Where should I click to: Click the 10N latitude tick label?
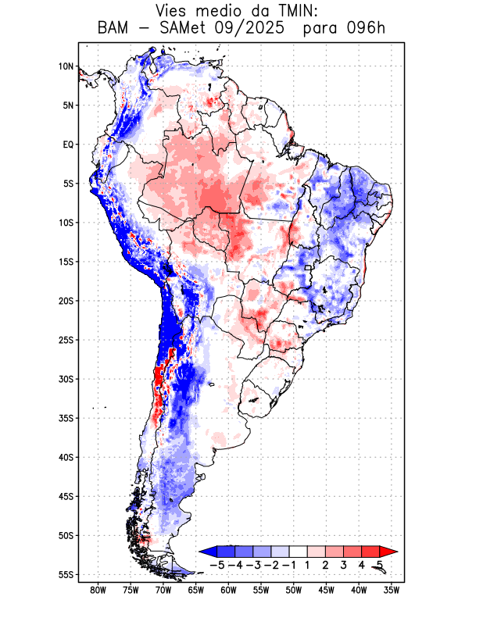tap(66, 66)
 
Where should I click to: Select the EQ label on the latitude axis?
tap(68, 145)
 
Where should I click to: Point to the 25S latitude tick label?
tap(66, 340)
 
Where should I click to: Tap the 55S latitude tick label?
tap(66, 575)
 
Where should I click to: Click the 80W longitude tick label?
tap(98, 591)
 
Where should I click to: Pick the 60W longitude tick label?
tap(228, 591)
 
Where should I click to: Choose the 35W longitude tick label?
tap(392, 591)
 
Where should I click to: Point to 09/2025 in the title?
tap(242, 29)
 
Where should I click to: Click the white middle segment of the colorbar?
tap(298, 552)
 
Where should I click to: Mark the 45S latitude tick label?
tap(66, 497)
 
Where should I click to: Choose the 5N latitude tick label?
tap(68, 105)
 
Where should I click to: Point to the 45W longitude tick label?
tap(326, 591)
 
